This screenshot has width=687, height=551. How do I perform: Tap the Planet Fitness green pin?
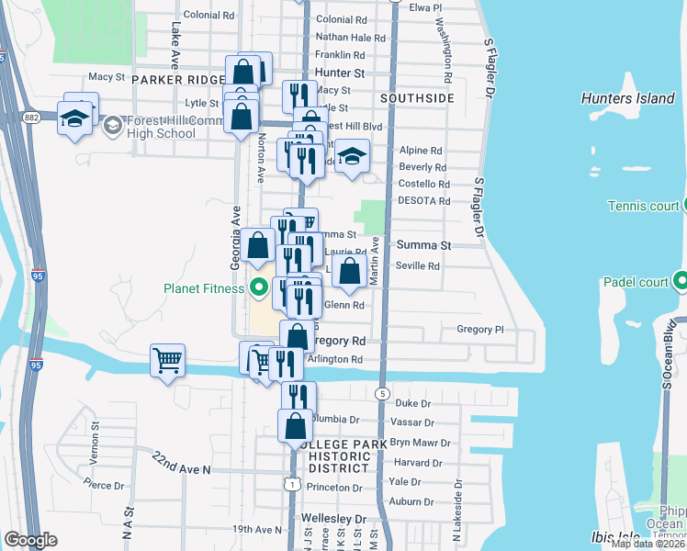[258, 288]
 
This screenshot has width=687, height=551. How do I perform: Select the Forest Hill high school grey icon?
[112, 125]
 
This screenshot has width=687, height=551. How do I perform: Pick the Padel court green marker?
[681, 281]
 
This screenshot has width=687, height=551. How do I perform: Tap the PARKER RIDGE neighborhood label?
[177, 80]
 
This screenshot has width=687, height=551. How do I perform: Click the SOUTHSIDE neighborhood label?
[416, 97]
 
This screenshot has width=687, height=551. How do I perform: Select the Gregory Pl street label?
[480, 329]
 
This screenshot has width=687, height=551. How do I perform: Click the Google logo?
[30, 540]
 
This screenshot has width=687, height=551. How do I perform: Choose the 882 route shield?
[31, 118]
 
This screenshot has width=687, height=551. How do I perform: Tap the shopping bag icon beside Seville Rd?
[349, 271]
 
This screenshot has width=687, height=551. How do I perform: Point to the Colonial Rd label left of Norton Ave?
[208, 16]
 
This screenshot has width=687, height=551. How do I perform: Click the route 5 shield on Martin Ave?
[381, 393]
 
